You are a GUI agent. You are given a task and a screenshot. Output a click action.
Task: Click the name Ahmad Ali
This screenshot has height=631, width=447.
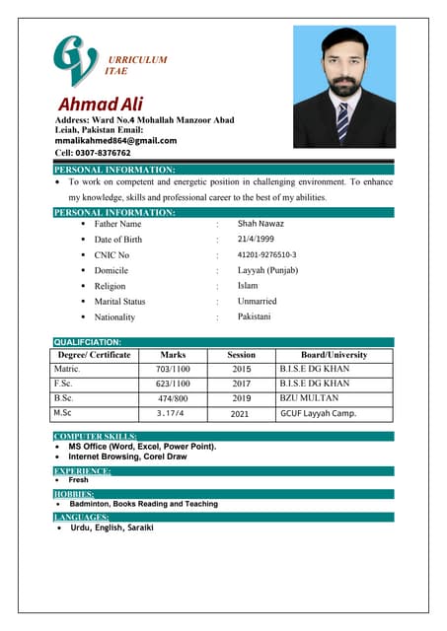pos(102,104)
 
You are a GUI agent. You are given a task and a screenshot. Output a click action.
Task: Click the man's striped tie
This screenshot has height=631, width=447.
pos(342,121)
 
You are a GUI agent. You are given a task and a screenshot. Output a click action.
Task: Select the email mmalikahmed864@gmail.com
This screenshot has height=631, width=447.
pos(114,141)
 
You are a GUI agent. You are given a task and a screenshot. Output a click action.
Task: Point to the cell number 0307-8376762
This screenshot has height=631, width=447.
pos(93,153)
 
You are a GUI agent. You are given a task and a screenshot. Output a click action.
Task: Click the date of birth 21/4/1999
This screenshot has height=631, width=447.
pos(257,240)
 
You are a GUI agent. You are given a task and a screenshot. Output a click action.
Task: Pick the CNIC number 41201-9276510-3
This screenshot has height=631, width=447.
pos(266,255)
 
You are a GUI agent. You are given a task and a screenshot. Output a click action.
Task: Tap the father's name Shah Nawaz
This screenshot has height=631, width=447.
pos(261,224)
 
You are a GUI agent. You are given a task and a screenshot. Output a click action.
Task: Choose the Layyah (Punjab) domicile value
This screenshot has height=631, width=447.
pos(269,270)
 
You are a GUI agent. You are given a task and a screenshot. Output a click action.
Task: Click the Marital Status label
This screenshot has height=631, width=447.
pos(119,302)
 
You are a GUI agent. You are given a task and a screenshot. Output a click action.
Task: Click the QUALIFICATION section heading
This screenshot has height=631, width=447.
pos(88,342)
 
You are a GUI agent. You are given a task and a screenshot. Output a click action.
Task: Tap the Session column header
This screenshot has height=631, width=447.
pos(241,355)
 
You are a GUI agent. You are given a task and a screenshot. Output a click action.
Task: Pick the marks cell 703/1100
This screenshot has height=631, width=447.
pos(173,369)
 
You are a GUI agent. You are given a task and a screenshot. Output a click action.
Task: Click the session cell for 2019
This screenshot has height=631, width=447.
pos(241,398)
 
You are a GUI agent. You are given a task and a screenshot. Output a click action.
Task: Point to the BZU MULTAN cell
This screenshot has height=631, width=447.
pos(309,398)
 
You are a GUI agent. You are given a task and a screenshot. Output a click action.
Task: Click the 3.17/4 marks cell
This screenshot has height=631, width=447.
pos(171,413)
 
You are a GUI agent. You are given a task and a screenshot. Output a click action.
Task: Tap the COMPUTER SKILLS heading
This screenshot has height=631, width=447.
pos(96,436)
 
